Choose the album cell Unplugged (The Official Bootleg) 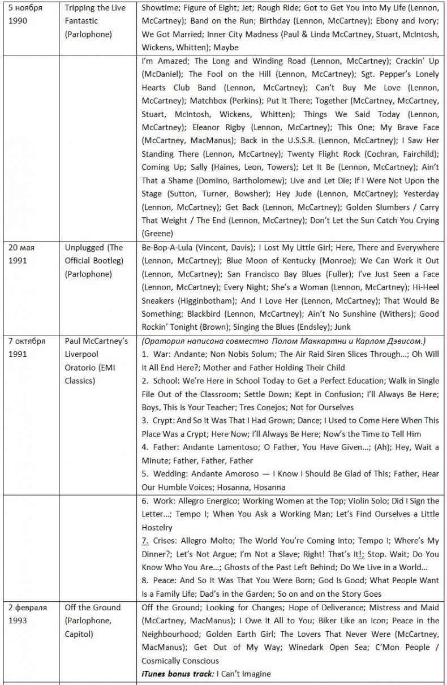(x=93, y=261)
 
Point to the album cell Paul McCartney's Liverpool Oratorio (x=96, y=361)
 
